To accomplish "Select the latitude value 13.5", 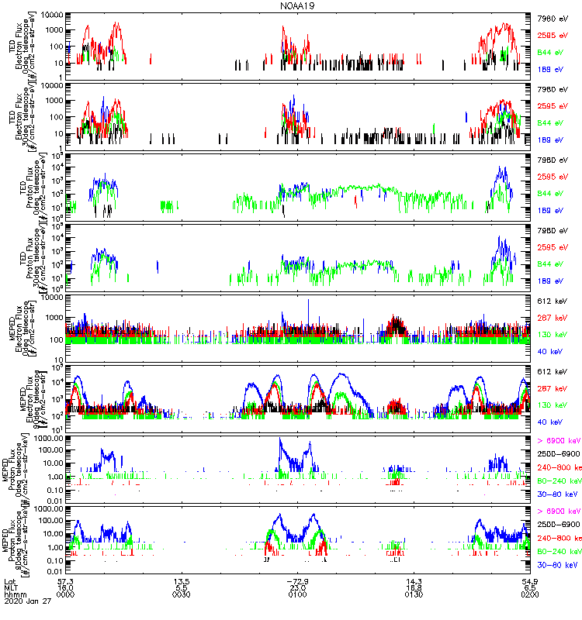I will [x=182, y=581].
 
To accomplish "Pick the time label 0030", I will [x=182, y=595].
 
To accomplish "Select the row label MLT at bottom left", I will [x=11, y=588].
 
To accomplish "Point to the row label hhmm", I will [x=14, y=595].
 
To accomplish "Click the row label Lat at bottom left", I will [x=10, y=581].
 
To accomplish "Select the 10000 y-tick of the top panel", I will [x=51, y=15].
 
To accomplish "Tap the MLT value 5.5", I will [x=182, y=588].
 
